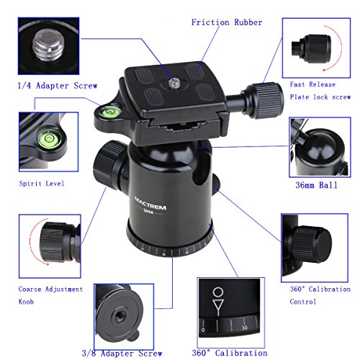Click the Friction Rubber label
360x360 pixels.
[x=227, y=22]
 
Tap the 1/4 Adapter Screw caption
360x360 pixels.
[x=58, y=86]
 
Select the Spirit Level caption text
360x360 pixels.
[x=42, y=184]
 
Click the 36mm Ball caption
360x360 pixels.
[x=317, y=185]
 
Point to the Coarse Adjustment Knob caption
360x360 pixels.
[x=50, y=295]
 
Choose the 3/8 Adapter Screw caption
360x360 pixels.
[x=122, y=354]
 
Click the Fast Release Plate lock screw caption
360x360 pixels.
[x=320, y=91]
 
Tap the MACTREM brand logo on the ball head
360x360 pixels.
[x=150, y=204]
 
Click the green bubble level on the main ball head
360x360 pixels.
[x=109, y=112]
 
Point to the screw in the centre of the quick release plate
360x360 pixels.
[x=174, y=84]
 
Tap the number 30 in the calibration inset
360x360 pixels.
[x=245, y=328]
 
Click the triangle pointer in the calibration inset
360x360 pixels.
[x=218, y=305]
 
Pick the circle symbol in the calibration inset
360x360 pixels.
[x=218, y=292]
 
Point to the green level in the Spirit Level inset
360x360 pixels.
[x=49, y=138]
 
